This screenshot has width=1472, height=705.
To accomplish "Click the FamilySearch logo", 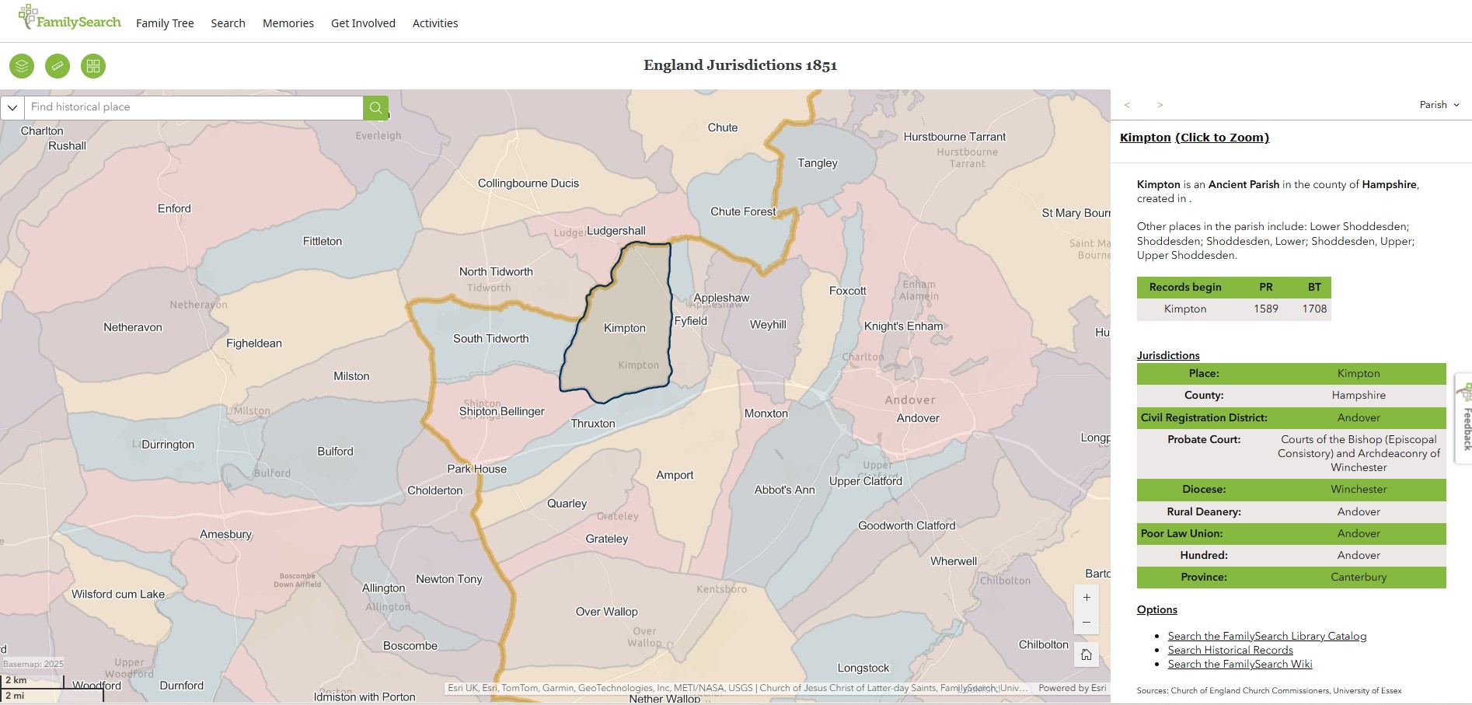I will pyautogui.click(x=70, y=19).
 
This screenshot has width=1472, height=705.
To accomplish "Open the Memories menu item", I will pyautogui.click(x=288, y=23).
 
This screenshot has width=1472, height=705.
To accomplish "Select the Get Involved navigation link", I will pyautogui.click(x=363, y=23).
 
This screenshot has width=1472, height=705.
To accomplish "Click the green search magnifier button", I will pyautogui.click(x=375, y=107).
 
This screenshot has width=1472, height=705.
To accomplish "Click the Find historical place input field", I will pyautogui.click(x=194, y=107).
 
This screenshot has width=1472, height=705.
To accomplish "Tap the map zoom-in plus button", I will pyautogui.click(x=1087, y=598).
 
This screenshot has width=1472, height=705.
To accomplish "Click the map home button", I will pyautogui.click(x=1087, y=654).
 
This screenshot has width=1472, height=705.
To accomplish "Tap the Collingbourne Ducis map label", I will pyautogui.click(x=528, y=183).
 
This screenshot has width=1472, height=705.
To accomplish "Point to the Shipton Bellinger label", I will pyautogui.click(x=502, y=411).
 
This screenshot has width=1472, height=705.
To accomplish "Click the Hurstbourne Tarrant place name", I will pyautogui.click(x=954, y=137).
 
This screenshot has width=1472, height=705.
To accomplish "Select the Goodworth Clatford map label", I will pyautogui.click(x=906, y=525).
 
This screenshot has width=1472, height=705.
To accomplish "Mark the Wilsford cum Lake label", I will pyautogui.click(x=118, y=594).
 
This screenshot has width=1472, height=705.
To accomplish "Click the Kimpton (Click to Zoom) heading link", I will pyautogui.click(x=1194, y=138).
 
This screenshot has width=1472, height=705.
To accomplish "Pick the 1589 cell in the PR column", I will pyautogui.click(x=1265, y=309).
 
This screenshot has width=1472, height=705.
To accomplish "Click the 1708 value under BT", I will pyautogui.click(x=1314, y=309).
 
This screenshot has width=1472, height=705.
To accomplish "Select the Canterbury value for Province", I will pyautogui.click(x=1359, y=577).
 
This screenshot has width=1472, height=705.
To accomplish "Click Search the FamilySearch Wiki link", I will pyautogui.click(x=1240, y=664).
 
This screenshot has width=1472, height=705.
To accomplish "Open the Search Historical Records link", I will pyautogui.click(x=1230, y=650).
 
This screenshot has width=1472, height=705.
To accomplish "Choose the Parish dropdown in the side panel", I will pyautogui.click(x=1439, y=105).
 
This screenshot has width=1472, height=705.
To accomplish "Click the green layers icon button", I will pyautogui.click(x=22, y=66).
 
